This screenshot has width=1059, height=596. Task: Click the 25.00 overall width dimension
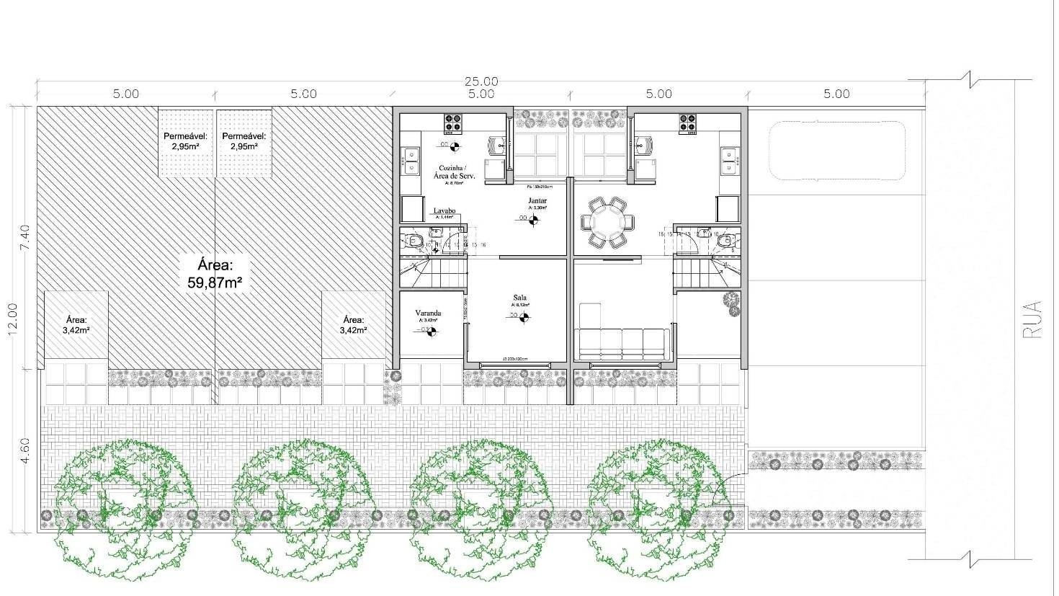pos(481,81)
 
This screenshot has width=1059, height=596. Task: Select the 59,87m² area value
pos(215,282)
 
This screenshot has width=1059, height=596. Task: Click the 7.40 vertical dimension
pos(24,238)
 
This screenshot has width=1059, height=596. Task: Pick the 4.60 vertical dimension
pos(24,450)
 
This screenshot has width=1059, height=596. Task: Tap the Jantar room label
pos(537,200)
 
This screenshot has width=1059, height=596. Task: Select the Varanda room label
pos(428,313)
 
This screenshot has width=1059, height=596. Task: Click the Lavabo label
pos(444,211)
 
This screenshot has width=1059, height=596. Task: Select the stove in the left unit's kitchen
pos(452,123)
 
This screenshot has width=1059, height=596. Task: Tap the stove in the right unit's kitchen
pos(687,123)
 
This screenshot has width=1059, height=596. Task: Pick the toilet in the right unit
pos(725,240)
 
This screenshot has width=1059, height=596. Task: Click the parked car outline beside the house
pos(836,151)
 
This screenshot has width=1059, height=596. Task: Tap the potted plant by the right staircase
pos(731,303)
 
